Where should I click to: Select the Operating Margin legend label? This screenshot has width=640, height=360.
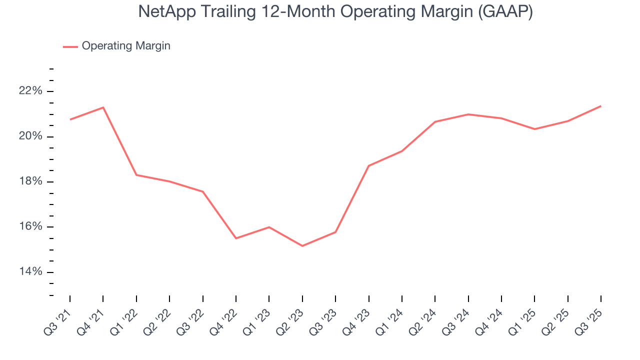click(x=126, y=46)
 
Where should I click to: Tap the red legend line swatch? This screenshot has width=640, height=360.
click(x=70, y=46)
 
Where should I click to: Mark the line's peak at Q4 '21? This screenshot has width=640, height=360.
click(x=103, y=107)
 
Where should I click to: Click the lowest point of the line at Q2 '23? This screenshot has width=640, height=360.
click(x=302, y=246)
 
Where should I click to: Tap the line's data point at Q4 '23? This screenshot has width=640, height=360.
click(x=368, y=165)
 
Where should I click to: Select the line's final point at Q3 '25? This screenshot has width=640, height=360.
click(x=600, y=106)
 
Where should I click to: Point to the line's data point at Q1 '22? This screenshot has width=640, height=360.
click(x=136, y=175)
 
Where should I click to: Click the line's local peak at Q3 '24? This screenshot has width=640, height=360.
click(x=468, y=114)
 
